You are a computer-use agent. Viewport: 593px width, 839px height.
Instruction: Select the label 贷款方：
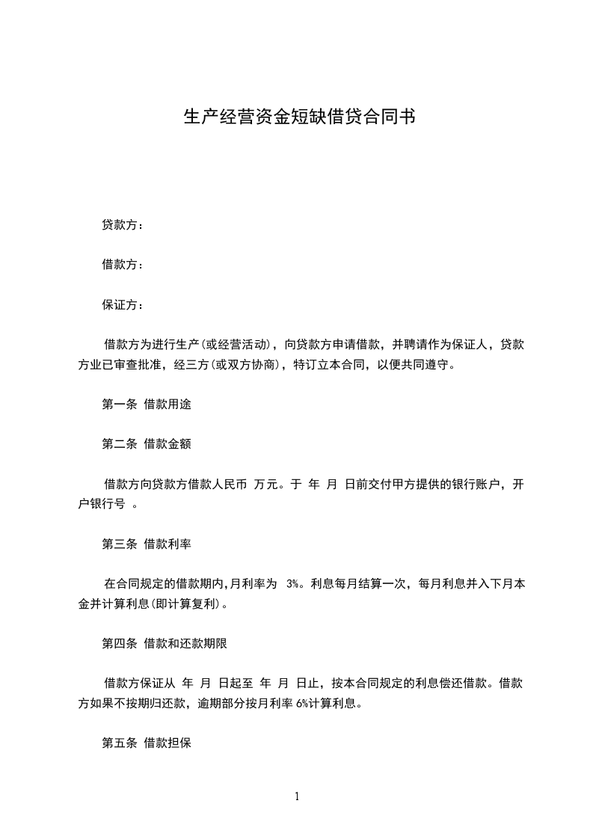(123, 224)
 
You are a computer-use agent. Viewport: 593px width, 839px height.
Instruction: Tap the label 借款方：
(123, 265)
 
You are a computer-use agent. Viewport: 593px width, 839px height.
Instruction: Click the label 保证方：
(123, 305)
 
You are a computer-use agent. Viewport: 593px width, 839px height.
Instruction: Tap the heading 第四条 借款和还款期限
(164, 643)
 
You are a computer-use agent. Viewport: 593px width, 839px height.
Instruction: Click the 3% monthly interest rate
(293, 584)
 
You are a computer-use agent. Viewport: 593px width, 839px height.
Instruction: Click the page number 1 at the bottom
(297, 796)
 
